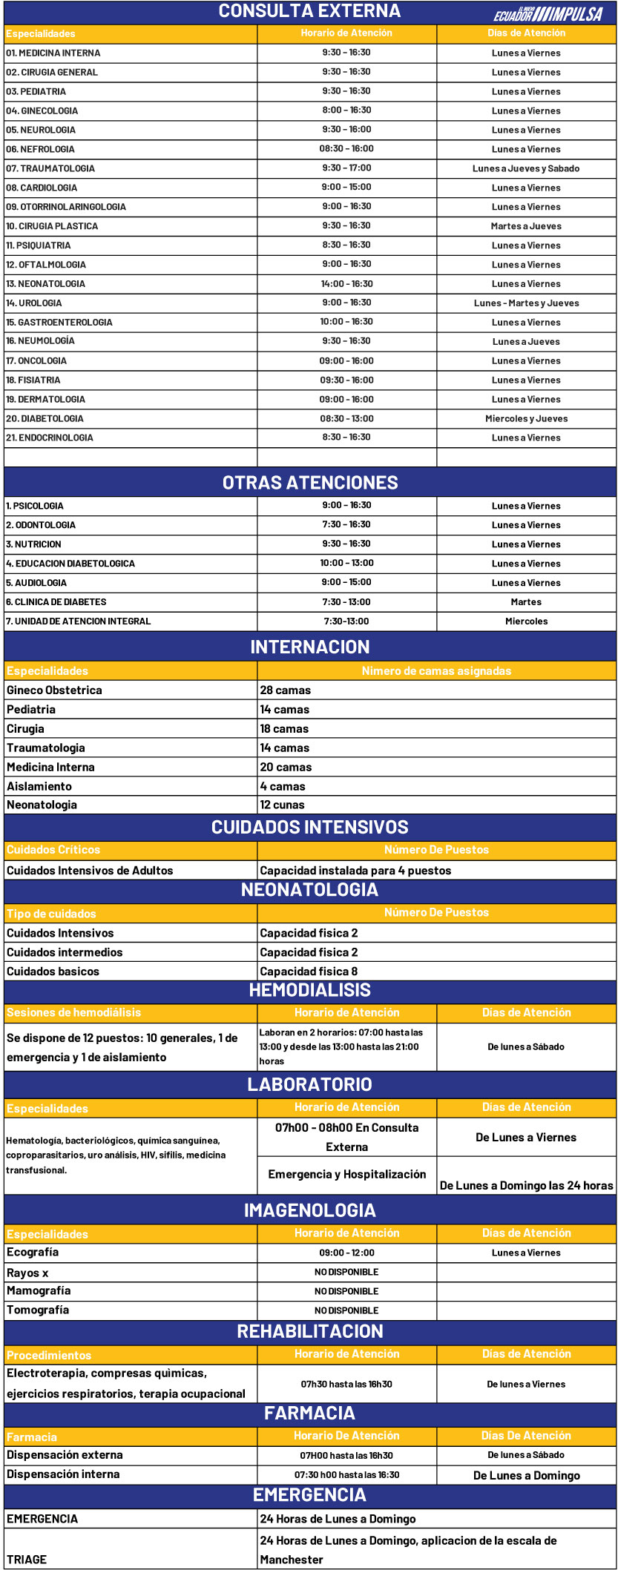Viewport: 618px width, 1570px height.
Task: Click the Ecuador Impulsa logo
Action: (x=548, y=13)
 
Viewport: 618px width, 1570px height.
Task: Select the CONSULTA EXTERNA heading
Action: (x=309, y=11)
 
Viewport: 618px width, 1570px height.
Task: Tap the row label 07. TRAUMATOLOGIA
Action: (x=50, y=168)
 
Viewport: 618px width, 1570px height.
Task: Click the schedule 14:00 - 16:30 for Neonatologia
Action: (x=346, y=284)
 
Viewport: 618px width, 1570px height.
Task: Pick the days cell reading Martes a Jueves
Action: (x=526, y=226)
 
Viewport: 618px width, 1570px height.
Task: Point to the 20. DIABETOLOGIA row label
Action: (x=45, y=418)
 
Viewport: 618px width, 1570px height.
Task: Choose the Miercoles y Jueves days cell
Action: (x=526, y=418)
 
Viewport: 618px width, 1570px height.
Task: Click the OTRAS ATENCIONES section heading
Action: (x=310, y=483)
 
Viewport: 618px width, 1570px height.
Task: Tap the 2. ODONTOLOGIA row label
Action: (x=41, y=525)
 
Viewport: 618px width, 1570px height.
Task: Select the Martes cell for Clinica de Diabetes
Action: (x=526, y=602)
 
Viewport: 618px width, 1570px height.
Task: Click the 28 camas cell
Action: (x=286, y=690)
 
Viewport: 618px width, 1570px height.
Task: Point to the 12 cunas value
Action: (x=282, y=805)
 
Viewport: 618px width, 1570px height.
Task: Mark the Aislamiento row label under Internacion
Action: (x=39, y=786)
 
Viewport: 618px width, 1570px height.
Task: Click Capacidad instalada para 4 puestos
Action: (x=355, y=871)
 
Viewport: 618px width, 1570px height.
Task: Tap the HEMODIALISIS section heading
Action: (x=309, y=991)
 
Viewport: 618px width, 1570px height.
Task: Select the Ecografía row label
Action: (x=33, y=1252)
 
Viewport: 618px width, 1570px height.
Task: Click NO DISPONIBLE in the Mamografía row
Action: (x=346, y=1291)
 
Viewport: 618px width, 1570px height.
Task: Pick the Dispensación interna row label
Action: (x=63, y=1474)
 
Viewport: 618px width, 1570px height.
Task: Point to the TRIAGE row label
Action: (x=27, y=1560)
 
